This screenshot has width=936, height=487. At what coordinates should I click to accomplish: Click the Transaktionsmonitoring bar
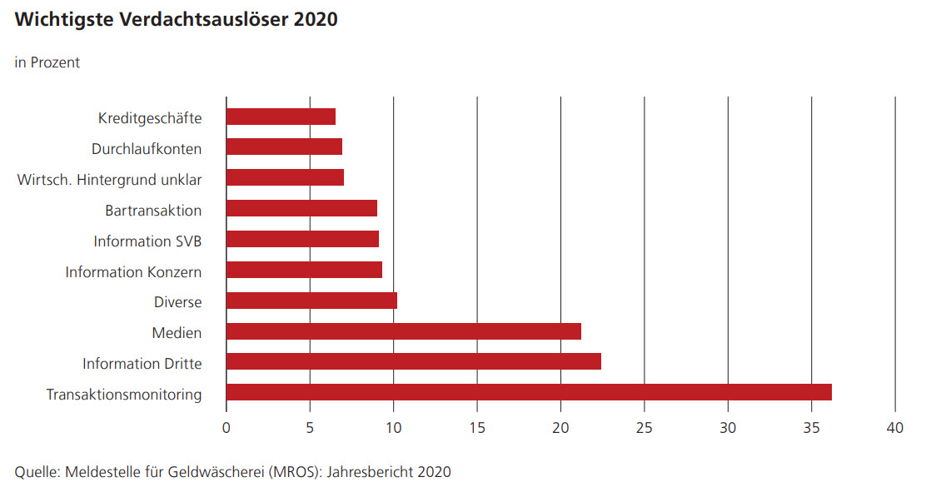pos(529,392)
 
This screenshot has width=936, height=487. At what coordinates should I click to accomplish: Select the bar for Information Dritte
pos(413,361)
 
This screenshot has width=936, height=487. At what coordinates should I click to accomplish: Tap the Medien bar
pos(403,331)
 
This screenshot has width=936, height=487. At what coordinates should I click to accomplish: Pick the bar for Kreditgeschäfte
pos(281,117)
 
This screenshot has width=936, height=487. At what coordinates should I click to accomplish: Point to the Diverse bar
pos(311,301)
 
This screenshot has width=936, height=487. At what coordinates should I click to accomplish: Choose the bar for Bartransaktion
pos(301,208)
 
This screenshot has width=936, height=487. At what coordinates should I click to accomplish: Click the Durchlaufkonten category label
pos(146,149)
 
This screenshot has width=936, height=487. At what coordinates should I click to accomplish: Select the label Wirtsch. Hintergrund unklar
pos(109,179)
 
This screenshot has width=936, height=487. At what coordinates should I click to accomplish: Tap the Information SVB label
pos(147,241)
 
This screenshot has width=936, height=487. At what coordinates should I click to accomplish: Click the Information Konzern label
pos(133,271)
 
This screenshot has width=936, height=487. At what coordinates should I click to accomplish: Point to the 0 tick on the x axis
pos(227,428)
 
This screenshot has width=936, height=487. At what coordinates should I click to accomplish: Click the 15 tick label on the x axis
pos(477,428)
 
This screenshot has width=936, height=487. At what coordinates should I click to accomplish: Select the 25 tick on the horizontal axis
pos(645,428)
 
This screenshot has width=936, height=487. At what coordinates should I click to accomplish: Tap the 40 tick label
pos(895,428)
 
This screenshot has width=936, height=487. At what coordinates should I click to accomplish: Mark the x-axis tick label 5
pos(310,428)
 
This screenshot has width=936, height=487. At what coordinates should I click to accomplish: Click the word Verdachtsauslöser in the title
pos(196,19)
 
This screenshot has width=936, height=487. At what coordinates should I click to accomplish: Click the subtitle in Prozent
pos(47,62)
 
